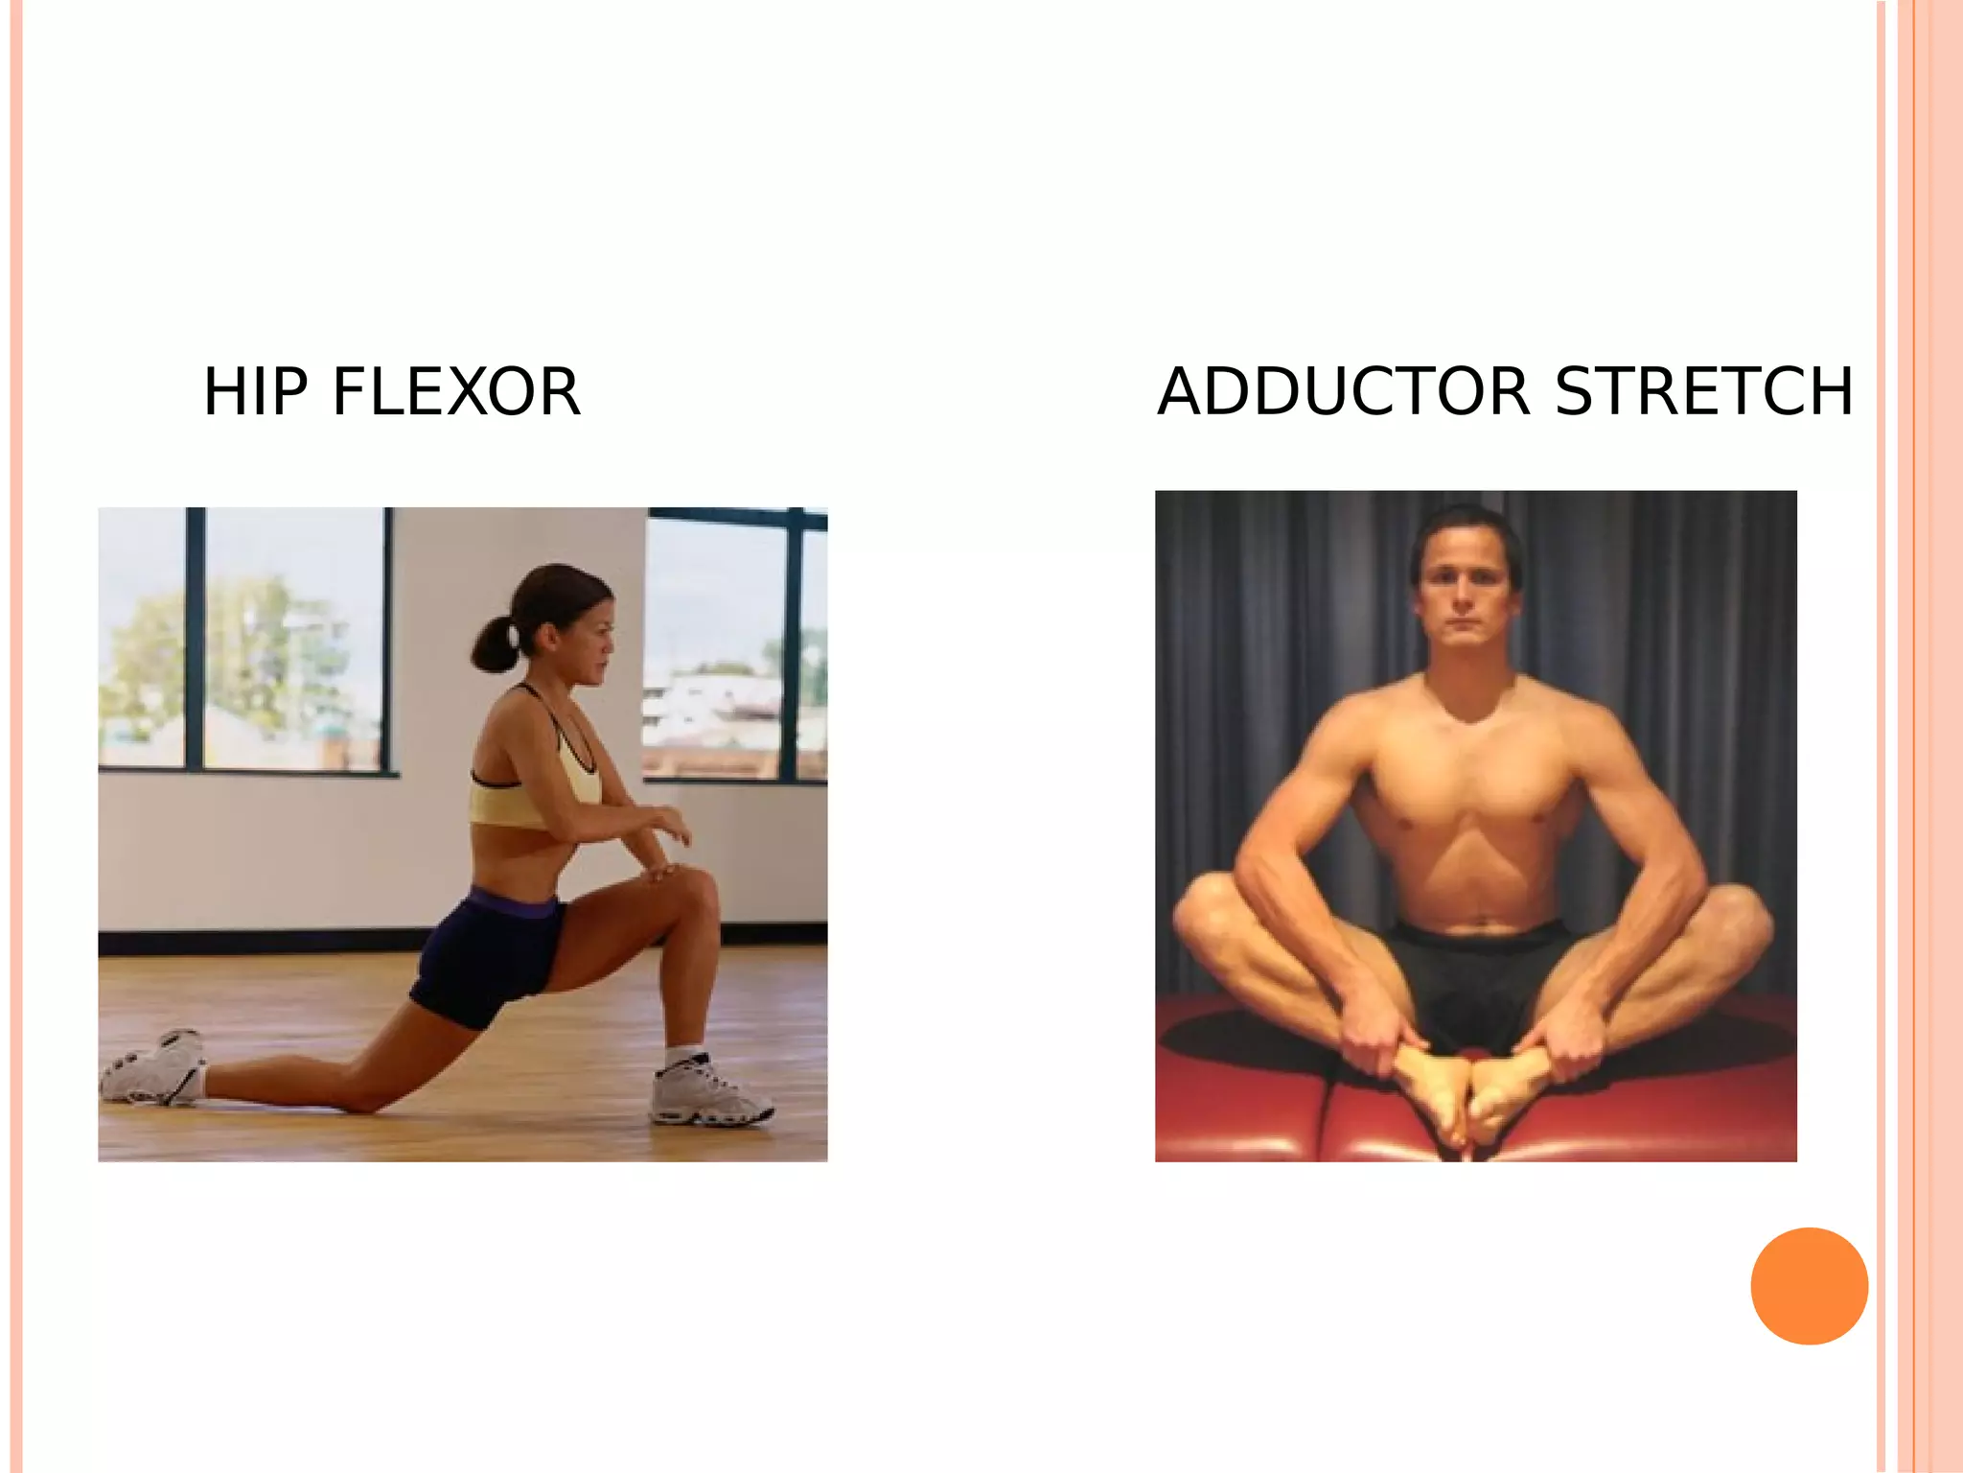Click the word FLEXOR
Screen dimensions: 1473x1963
tap(456, 392)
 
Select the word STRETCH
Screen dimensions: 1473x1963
tap(1703, 392)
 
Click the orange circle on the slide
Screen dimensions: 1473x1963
tap(1809, 1286)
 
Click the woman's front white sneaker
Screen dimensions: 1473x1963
tap(709, 1094)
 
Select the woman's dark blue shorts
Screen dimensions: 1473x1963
tap(484, 954)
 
